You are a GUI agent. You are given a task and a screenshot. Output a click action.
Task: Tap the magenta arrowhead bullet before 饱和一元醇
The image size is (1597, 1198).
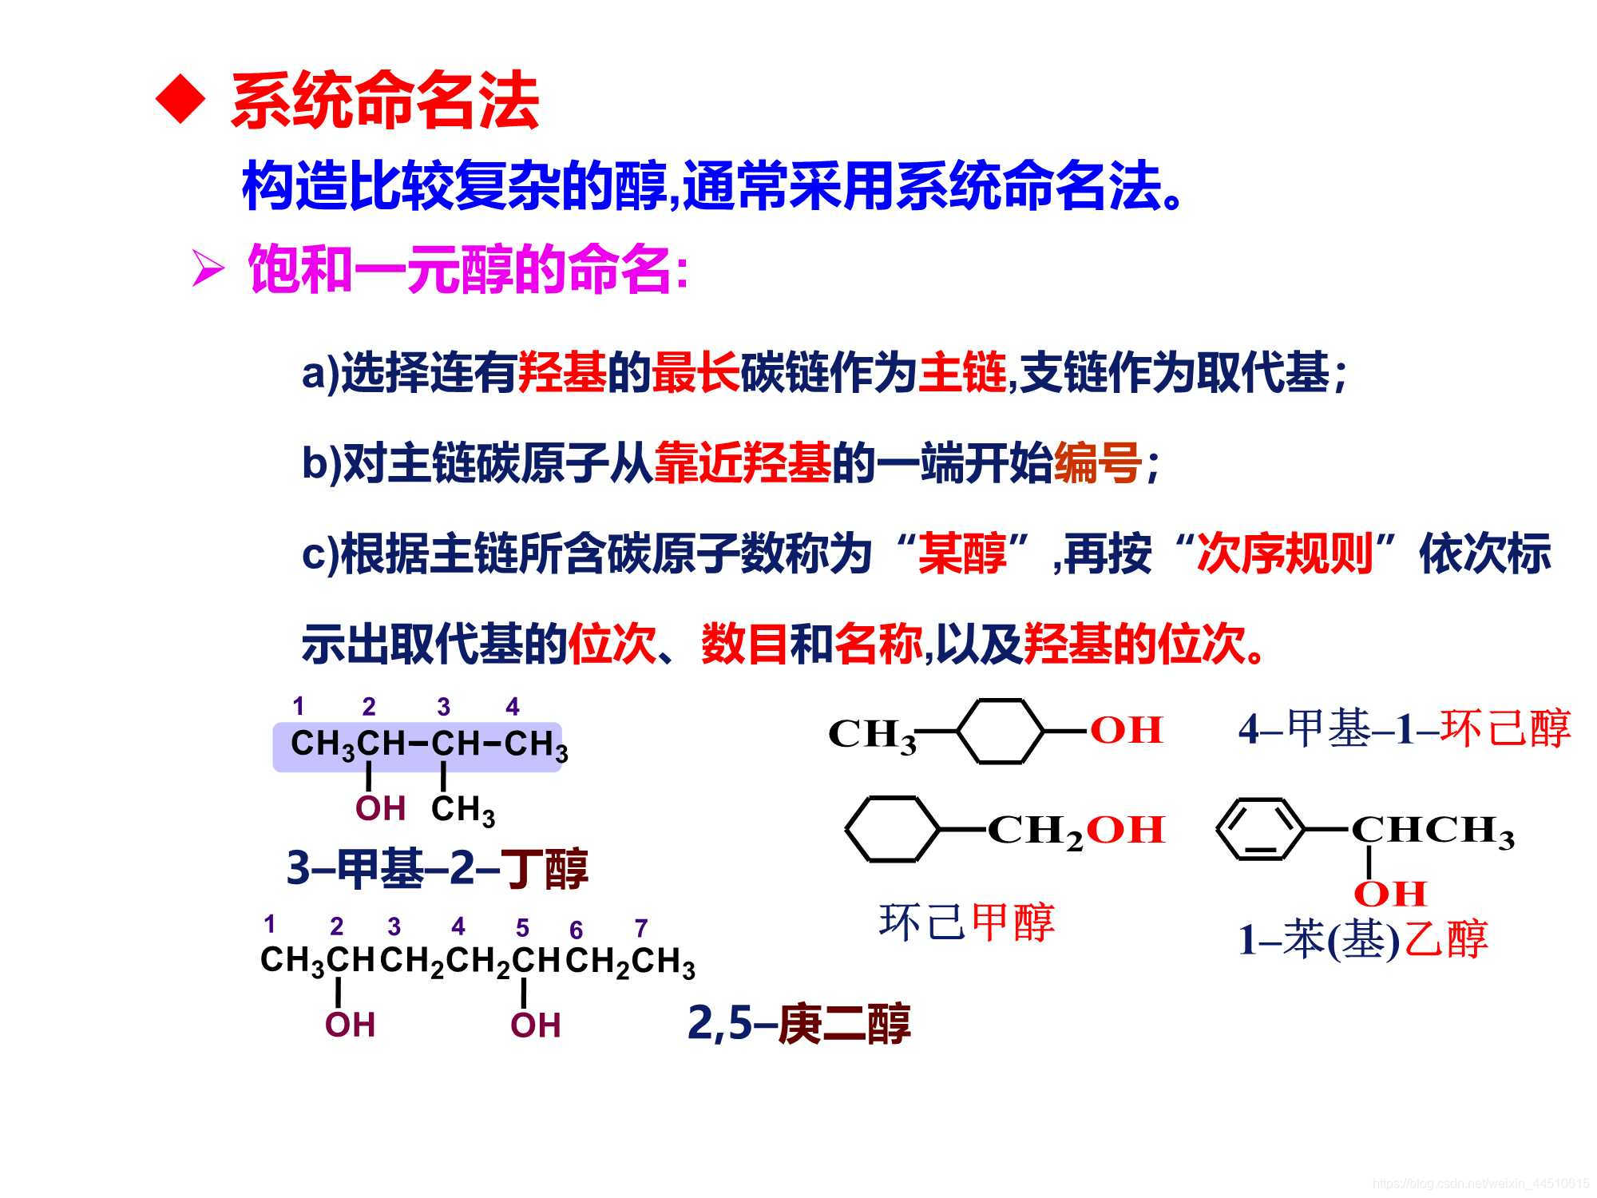(207, 270)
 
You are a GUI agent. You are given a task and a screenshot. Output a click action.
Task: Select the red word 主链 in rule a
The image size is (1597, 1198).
(961, 372)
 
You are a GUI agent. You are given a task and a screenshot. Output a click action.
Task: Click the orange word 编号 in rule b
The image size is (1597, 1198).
(1097, 462)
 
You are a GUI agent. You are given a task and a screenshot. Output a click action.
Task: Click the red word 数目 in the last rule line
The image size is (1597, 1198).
(744, 644)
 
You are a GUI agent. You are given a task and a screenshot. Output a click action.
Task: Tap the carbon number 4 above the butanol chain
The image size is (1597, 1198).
(513, 707)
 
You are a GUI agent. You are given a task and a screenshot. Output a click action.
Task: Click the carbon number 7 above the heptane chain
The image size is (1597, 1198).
(640, 928)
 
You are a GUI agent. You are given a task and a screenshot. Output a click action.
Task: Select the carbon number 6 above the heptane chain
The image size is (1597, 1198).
(577, 930)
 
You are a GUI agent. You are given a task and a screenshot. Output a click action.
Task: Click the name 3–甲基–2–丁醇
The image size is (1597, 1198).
(438, 869)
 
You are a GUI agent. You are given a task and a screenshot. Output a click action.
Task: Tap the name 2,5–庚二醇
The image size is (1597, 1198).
(798, 1024)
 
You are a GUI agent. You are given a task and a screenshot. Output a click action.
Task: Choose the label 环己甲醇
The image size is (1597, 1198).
(966, 922)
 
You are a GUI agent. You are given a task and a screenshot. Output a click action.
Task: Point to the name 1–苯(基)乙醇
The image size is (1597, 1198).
(1362, 939)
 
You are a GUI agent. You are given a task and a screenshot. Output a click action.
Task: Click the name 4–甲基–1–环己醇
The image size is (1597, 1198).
(1404, 728)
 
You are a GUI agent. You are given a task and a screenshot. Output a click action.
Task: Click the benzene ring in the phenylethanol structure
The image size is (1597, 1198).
(1260, 830)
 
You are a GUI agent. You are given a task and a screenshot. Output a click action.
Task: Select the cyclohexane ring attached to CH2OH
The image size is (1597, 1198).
(891, 830)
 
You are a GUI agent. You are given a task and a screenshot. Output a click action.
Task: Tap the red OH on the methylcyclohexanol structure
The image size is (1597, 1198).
(1126, 730)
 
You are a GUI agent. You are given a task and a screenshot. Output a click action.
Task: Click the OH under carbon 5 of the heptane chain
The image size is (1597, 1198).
(535, 1025)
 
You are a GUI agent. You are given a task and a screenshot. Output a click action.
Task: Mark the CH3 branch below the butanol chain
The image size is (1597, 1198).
(463, 810)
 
